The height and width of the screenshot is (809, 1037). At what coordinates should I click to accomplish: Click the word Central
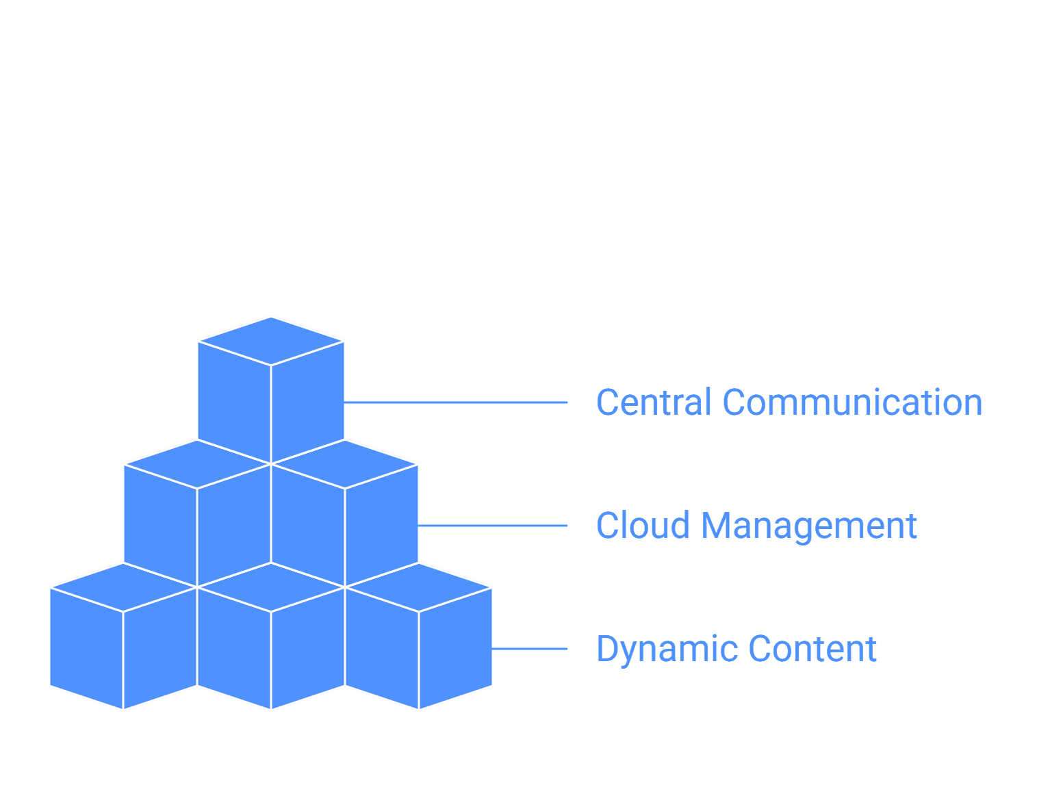[x=653, y=402]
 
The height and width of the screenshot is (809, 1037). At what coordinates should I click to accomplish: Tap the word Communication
[x=852, y=402]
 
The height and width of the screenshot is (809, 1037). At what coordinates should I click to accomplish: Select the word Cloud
[x=643, y=525]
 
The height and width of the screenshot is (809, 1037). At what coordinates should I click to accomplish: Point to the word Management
[x=809, y=526]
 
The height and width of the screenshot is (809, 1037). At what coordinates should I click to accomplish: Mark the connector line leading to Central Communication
[x=455, y=402]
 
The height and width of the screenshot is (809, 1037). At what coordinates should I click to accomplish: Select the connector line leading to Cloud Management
[x=493, y=526]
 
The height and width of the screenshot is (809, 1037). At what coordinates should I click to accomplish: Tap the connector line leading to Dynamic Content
[x=529, y=649]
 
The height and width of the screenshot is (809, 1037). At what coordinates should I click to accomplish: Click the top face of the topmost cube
[x=270, y=341]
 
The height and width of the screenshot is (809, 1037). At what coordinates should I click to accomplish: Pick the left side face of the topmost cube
[x=234, y=402]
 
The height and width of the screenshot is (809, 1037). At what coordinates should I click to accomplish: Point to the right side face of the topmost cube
[x=308, y=402]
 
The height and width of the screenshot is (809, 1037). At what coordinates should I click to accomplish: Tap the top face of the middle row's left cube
[x=196, y=464]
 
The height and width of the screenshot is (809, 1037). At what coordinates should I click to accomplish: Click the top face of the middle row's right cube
[x=344, y=464]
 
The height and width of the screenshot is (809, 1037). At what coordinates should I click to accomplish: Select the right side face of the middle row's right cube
[x=381, y=525]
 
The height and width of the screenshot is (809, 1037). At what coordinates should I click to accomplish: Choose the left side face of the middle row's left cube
[x=160, y=525]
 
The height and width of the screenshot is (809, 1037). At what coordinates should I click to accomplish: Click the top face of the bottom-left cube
[x=123, y=587]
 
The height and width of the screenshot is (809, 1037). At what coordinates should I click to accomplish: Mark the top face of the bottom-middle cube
[x=270, y=587]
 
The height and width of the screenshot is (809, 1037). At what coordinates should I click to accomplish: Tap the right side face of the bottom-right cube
[x=455, y=649]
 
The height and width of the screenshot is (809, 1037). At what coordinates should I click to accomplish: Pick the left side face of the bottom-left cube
[x=86, y=649]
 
